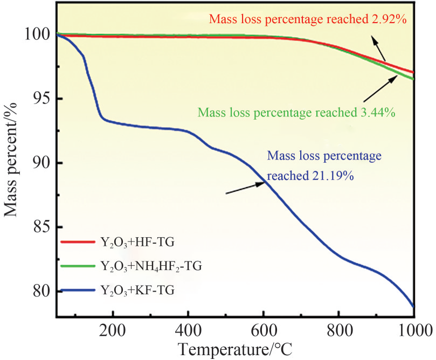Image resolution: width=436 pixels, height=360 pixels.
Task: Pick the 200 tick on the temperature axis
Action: click(113, 330)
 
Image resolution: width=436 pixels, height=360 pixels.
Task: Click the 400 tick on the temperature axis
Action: click(188, 330)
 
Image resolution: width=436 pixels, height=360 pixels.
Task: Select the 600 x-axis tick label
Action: click(263, 330)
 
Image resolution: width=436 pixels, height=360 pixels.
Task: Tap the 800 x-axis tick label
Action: click(338, 330)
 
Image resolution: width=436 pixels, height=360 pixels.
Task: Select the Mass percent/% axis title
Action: click(13, 162)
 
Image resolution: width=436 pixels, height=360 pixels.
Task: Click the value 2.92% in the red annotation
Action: click(383, 20)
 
